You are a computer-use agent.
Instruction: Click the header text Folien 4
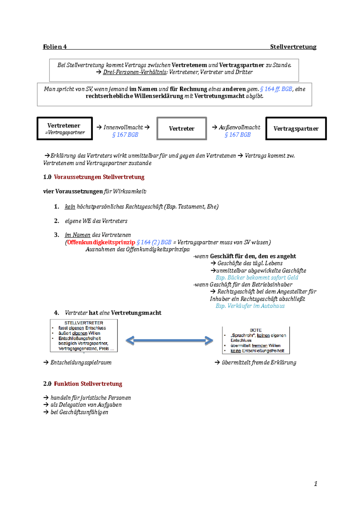pyautogui.click(x=55, y=47)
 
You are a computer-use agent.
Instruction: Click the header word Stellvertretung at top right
pyautogui.click(x=293, y=47)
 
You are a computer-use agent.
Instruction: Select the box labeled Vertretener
pyautogui.click(x=64, y=128)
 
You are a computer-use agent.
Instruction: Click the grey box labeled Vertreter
pyautogui.click(x=181, y=129)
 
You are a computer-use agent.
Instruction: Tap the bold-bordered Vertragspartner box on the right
pyautogui.click(x=296, y=129)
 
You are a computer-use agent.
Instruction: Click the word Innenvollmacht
pyautogui.click(x=123, y=127)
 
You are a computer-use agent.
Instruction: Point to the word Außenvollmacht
pyautogui.click(x=239, y=127)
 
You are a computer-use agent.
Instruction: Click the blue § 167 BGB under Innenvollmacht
pyautogui.click(x=125, y=135)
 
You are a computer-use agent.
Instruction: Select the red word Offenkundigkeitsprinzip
pyautogui.click(x=101, y=242)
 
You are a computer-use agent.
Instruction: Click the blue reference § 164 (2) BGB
pyautogui.click(x=154, y=242)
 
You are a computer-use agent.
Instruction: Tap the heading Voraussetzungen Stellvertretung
pyautogui.click(x=99, y=177)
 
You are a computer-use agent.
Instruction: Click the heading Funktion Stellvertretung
pyautogui.click(x=88, y=384)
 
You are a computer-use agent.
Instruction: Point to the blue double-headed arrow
pyautogui.click(x=169, y=341)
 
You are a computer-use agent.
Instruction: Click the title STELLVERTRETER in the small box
pyautogui.click(x=84, y=323)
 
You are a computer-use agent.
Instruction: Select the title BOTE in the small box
pyautogui.click(x=256, y=330)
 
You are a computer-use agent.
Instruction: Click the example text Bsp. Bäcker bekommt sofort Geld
pyautogui.click(x=257, y=278)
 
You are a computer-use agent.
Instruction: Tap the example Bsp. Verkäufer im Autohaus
pyautogui.click(x=250, y=306)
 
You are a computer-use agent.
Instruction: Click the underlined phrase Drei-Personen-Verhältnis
pyautogui.click(x=135, y=72)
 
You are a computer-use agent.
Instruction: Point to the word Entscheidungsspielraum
pyautogui.click(x=81, y=362)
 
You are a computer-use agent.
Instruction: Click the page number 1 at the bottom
pyautogui.click(x=315, y=484)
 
